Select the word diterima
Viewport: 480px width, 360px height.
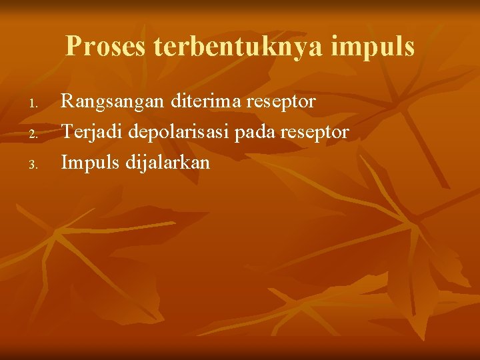(x=205, y=102)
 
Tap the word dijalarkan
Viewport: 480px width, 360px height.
(x=167, y=163)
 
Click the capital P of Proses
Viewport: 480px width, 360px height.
(x=74, y=47)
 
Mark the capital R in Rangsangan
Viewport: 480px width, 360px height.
(x=67, y=102)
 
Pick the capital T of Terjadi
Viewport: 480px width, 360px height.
(x=67, y=132)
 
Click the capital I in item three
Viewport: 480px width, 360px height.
(x=65, y=162)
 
